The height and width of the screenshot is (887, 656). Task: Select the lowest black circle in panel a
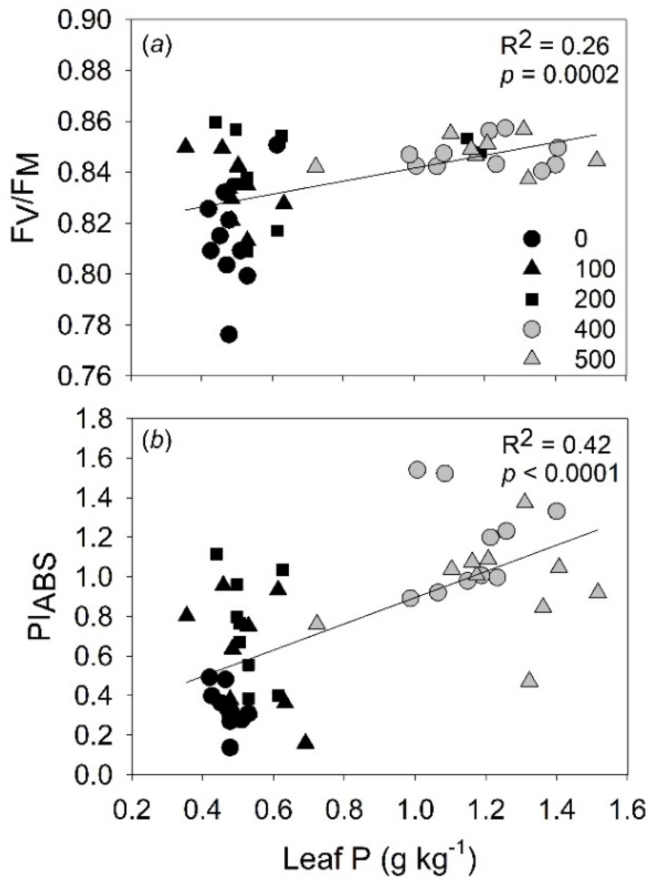(x=229, y=334)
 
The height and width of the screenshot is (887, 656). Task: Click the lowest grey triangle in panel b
(x=529, y=680)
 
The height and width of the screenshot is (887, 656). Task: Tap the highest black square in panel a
(x=216, y=122)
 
